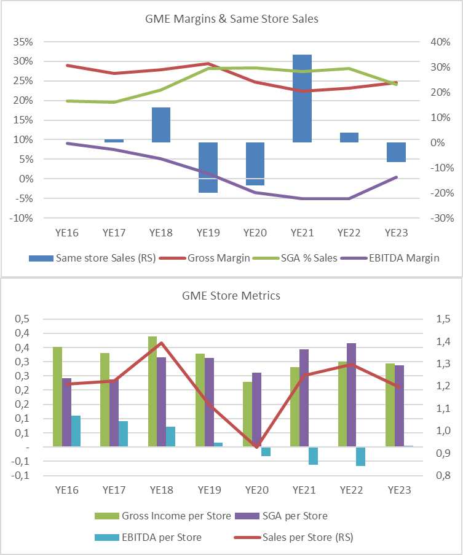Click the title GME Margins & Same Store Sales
(231, 19)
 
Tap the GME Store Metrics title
(231, 296)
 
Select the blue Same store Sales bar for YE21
(302, 98)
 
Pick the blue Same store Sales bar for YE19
(208, 167)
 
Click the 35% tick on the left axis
(23, 42)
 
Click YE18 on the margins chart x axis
(161, 233)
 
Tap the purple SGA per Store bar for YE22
(351, 395)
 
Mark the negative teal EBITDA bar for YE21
(314, 456)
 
